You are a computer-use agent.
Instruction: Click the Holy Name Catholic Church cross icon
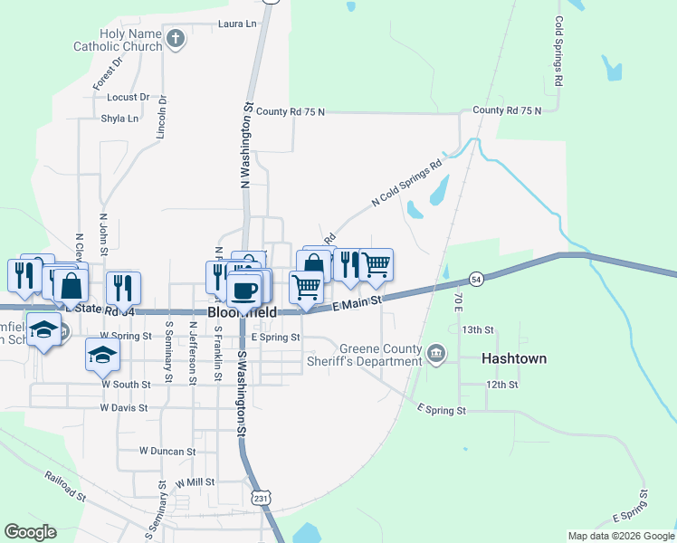[176, 38]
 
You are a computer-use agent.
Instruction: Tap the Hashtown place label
[514, 358]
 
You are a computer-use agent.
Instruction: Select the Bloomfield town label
[242, 310]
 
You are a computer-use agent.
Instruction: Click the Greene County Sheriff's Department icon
[435, 351]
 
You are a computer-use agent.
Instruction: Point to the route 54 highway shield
[476, 279]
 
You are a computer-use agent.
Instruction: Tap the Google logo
[30, 532]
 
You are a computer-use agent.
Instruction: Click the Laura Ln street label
[237, 24]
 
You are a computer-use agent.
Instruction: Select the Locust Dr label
[128, 97]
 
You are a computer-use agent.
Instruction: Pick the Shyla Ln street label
[119, 119]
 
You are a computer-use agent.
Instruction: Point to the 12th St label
[501, 385]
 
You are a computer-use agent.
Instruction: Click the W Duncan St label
[167, 451]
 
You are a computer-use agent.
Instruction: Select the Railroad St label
[65, 486]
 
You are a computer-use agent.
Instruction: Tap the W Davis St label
[124, 408]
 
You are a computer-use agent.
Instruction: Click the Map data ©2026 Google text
[620, 536]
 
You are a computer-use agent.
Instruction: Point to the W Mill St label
[195, 483]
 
